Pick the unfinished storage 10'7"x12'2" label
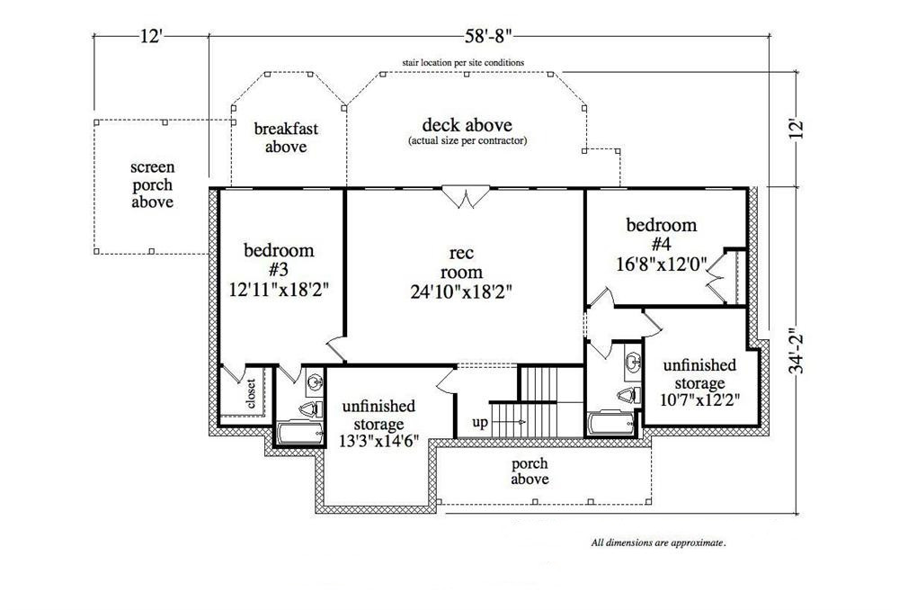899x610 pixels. pos(700,381)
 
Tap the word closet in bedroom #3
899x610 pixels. pos(251,394)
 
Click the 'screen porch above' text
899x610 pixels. pos(151,185)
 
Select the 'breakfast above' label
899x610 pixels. pos(286,138)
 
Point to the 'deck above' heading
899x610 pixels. pos(467,125)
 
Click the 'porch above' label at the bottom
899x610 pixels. pos(530,471)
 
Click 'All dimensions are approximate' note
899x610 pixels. pos(658,543)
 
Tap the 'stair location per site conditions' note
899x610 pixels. pos(464,63)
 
